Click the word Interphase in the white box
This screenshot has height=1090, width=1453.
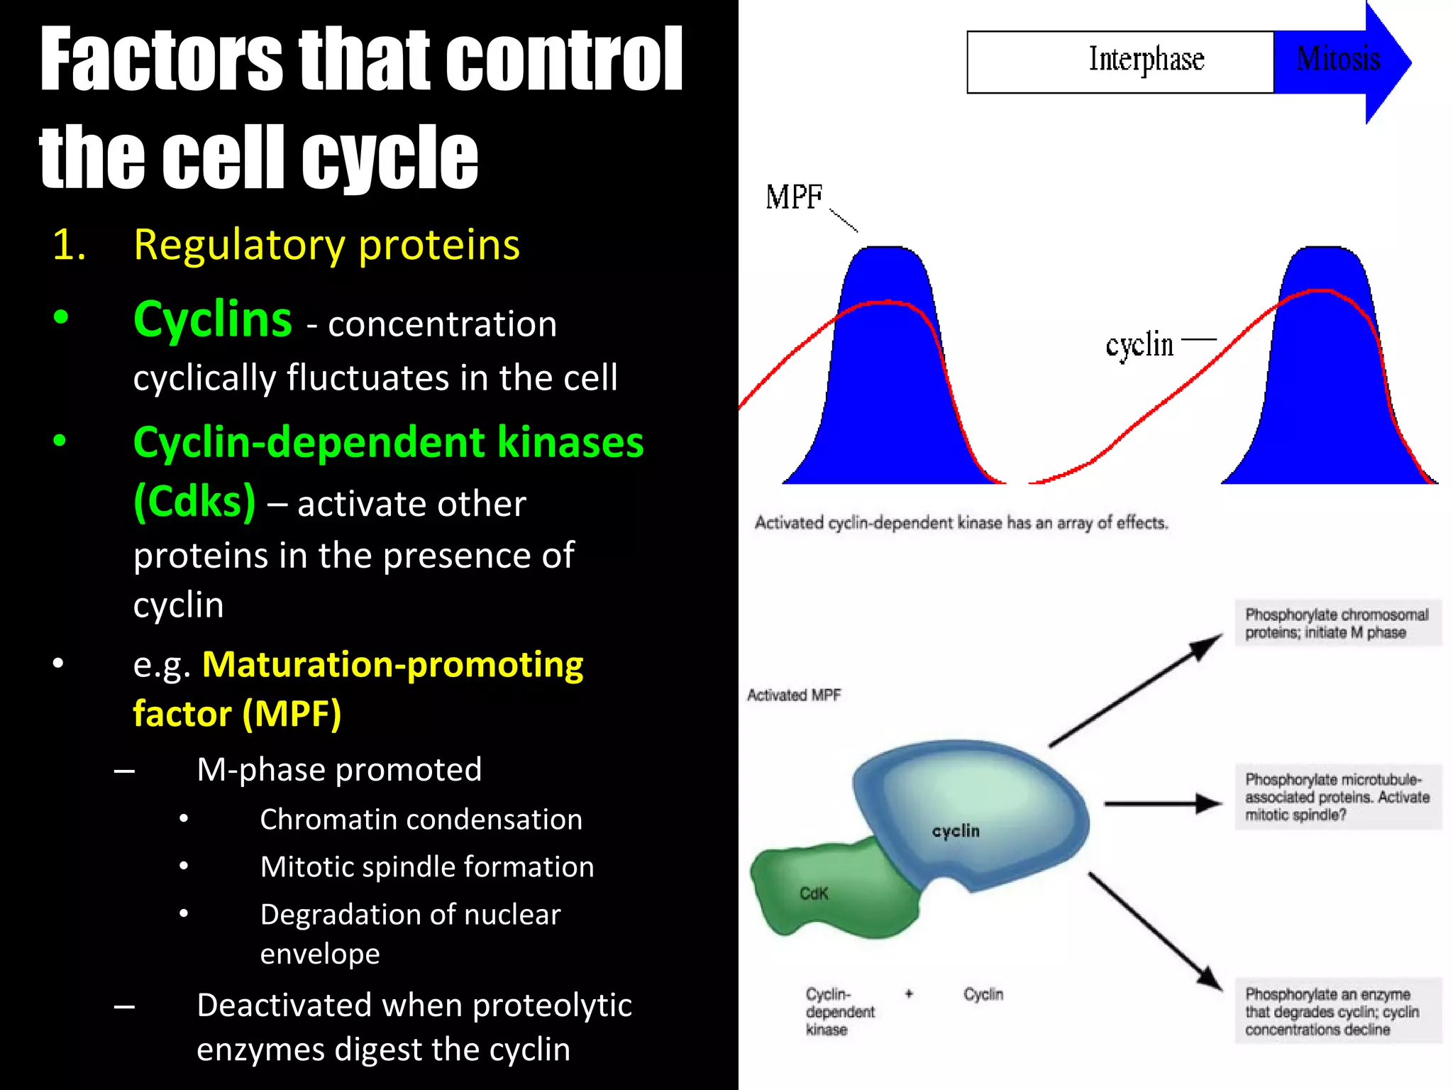click(1146, 60)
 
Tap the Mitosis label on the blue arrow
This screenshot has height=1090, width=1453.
click(1338, 60)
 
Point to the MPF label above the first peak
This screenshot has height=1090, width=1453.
click(793, 197)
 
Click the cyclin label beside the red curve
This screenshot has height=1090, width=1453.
click(1139, 346)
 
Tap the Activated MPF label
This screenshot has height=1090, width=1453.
click(793, 695)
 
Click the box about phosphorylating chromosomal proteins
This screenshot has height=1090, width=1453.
click(1337, 623)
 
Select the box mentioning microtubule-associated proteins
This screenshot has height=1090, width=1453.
click(1337, 797)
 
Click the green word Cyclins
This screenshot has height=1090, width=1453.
click(212, 319)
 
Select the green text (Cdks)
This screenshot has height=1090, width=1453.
click(194, 502)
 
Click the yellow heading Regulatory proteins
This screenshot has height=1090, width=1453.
click(326, 245)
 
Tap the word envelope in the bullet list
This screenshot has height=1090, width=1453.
click(319, 953)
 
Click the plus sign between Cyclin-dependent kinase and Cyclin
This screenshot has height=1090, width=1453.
click(909, 993)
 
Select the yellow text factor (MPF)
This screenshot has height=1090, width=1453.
click(237, 713)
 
